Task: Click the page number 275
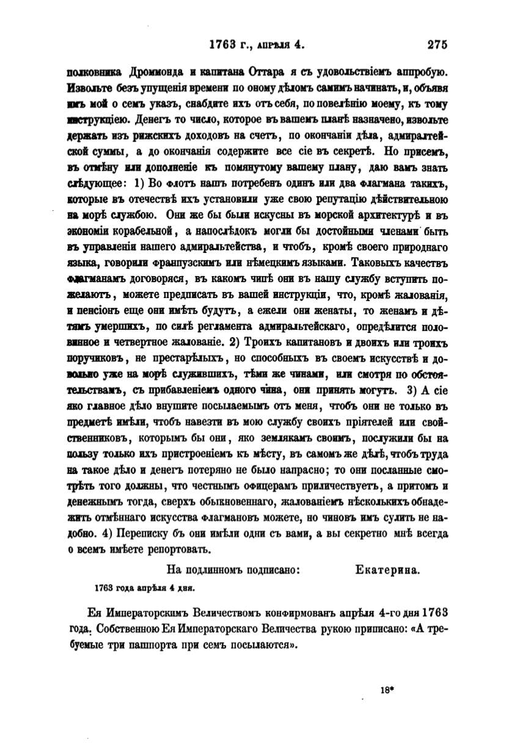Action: tap(437, 44)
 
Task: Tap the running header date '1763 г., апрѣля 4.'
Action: tap(257, 44)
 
